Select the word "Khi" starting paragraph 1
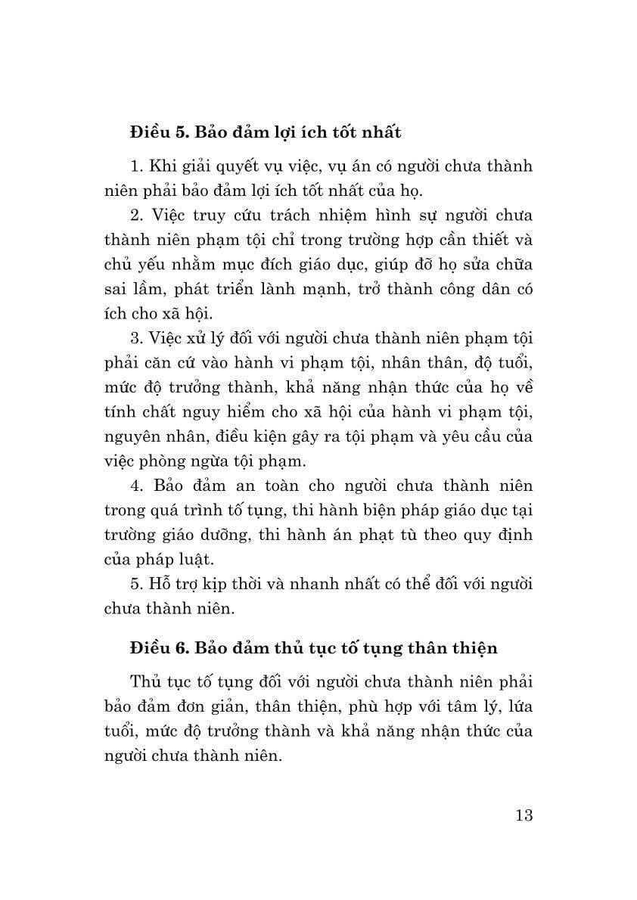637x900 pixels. click(x=163, y=166)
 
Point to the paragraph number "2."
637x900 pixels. click(x=136, y=215)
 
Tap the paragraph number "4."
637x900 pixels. click(x=137, y=485)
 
